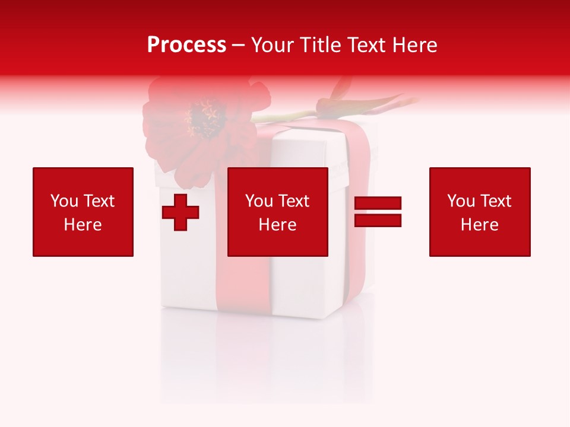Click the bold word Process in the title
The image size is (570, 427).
coord(186,45)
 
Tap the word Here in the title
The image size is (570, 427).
coord(414,45)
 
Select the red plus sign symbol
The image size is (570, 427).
coord(180,212)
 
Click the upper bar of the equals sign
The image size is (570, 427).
coord(378,204)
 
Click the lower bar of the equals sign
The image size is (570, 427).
coord(378,221)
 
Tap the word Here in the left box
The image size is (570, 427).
coord(83,225)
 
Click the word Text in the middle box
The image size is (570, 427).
coord(293,201)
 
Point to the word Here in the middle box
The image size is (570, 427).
coord(277,225)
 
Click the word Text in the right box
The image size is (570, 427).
coord(495,201)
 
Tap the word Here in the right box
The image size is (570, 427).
coord(479,225)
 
